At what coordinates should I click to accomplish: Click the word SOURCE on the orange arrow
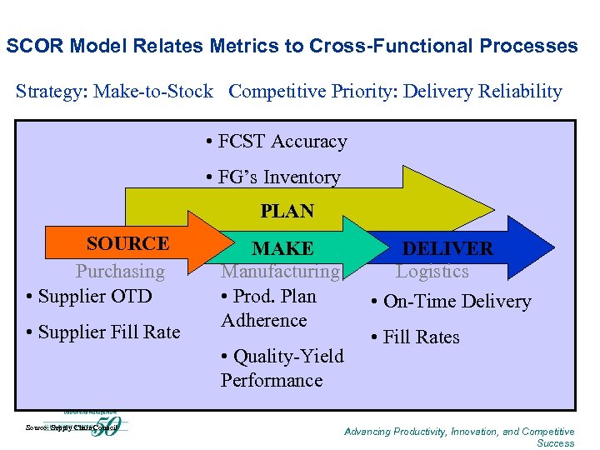[x=127, y=243]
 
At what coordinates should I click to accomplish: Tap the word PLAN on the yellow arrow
[x=287, y=212]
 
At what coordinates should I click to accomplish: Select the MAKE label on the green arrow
[x=283, y=248]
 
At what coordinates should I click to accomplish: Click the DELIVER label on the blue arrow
[x=447, y=248]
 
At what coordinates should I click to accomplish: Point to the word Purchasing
[x=121, y=271]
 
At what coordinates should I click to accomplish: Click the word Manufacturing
[x=280, y=271]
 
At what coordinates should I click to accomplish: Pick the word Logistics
[x=432, y=271]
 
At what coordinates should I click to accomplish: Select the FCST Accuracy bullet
[x=276, y=142]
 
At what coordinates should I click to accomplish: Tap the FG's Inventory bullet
[x=272, y=177]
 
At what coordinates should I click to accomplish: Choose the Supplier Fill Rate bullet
[x=103, y=332]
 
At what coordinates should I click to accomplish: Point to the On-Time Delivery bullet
[x=451, y=302]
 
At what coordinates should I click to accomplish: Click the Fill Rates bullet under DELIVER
[x=421, y=337]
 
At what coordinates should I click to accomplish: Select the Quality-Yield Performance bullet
[x=282, y=367]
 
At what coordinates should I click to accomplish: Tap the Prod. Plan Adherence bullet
[x=268, y=307]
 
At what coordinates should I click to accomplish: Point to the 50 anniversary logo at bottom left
[x=106, y=427]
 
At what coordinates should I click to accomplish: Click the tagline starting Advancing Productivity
[x=459, y=437]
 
